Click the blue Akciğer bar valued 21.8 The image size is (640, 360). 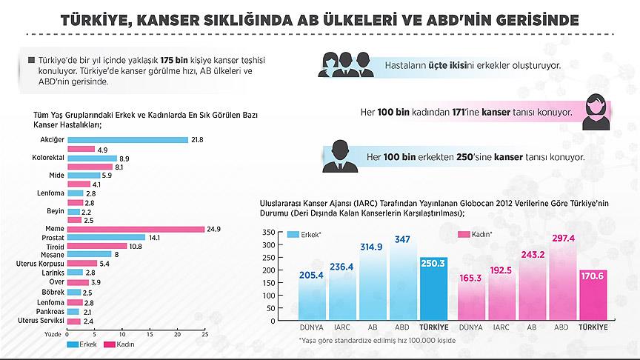(x=127, y=139)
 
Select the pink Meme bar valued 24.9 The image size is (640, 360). (x=136, y=229)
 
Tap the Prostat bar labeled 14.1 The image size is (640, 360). (x=106, y=238)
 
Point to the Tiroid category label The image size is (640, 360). (x=54, y=246)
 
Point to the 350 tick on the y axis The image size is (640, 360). (x=269, y=232)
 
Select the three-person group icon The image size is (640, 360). (x=343, y=64)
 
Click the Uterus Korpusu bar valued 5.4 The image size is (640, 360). (x=81, y=263)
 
